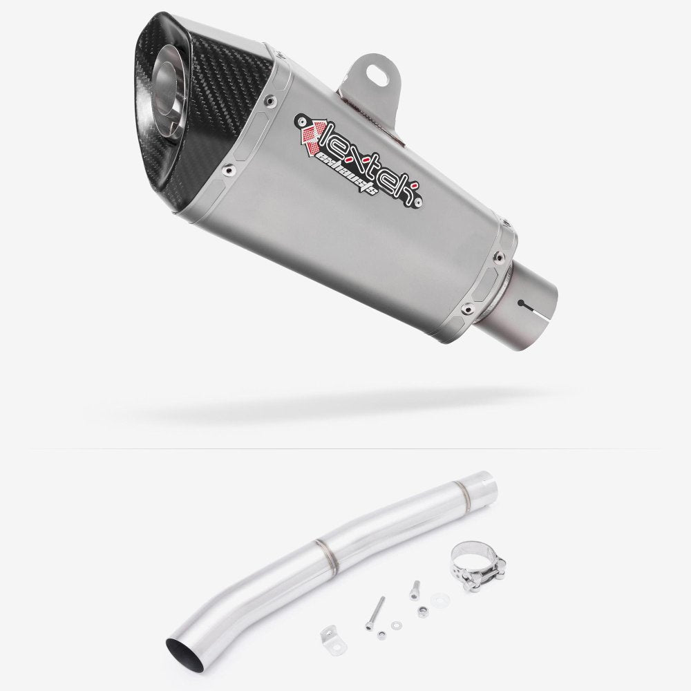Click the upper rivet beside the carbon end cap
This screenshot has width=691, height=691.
click(x=267, y=100)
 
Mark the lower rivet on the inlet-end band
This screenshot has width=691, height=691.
click(x=468, y=306)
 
